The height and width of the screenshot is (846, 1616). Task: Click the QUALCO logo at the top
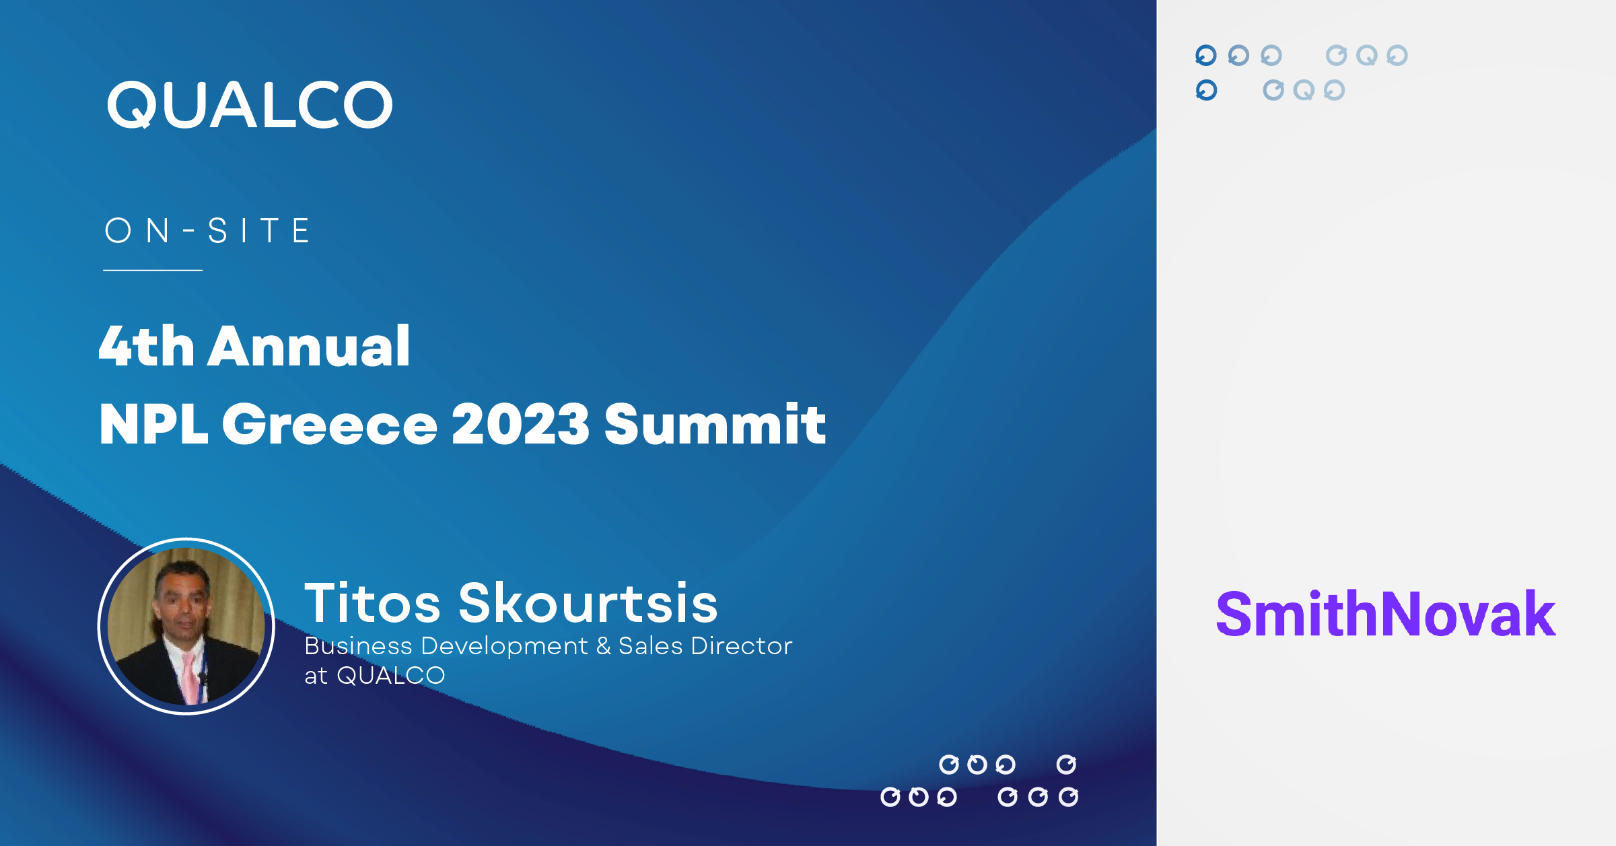tap(250, 105)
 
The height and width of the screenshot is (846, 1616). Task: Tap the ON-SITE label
tap(207, 231)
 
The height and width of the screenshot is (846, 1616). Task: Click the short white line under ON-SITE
tap(153, 271)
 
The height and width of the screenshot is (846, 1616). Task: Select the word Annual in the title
tap(308, 346)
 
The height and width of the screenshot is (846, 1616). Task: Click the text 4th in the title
tap(147, 346)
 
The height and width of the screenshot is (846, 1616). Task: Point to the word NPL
tap(153, 425)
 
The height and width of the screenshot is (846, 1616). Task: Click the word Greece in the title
tap(329, 425)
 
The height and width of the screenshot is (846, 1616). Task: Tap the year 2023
tap(520, 425)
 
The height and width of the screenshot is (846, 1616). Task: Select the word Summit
tap(715, 425)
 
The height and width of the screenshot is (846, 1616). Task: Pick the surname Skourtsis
tap(588, 603)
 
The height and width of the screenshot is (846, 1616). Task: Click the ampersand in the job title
tap(603, 646)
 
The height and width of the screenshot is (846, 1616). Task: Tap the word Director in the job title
tap(742, 646)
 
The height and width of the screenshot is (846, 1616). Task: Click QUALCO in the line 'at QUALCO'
tap(391, 676)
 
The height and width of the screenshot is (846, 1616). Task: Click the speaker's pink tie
tap(190, 676)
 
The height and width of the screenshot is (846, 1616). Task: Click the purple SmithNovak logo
tap(1385, 614)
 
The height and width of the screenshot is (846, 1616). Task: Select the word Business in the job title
tap(358, 646)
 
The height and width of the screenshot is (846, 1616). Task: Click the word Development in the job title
tap(504, 646)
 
